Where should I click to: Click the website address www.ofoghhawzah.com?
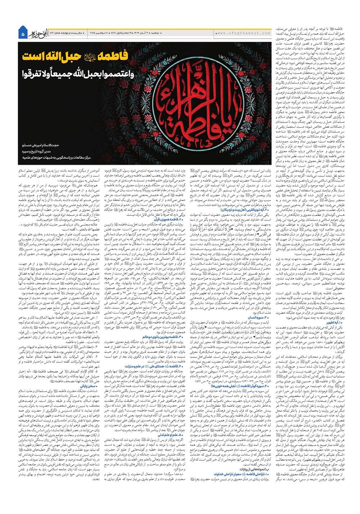coord(244,33)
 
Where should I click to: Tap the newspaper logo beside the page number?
coord(37,33)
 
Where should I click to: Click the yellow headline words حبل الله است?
coord(53,56)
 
